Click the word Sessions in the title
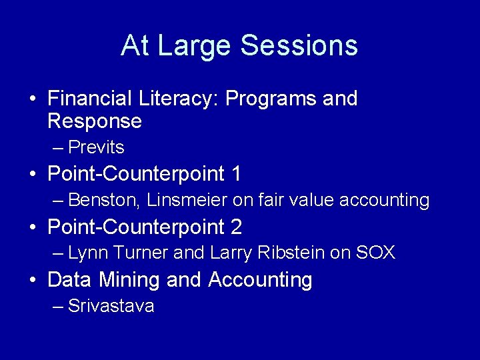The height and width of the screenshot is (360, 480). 299,46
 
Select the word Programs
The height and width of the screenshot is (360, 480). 270,99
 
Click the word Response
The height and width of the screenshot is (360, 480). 95,121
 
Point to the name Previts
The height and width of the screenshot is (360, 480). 96,147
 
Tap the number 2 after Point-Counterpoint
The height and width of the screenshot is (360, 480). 235,227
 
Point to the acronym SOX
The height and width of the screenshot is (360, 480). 376,253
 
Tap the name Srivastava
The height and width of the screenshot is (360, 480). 111,307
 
